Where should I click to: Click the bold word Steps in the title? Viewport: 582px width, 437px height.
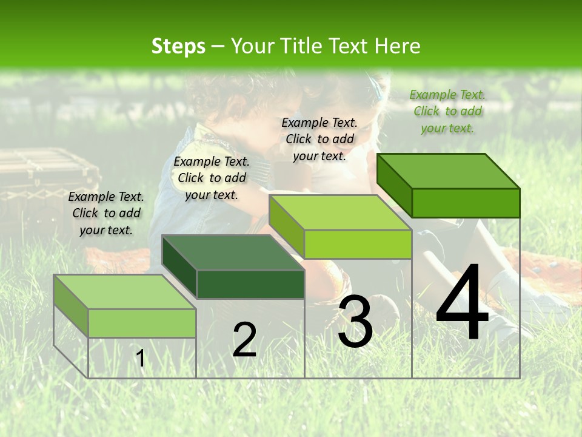pyautogui.click(x=178, y=46)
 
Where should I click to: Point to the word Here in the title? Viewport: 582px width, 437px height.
pyautogui.click(x=397, y=46)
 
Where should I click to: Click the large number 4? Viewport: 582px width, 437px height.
pyautogui.click(x=462, y=303)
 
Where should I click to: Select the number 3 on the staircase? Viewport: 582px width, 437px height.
pyautogui.click(x=355, y=321)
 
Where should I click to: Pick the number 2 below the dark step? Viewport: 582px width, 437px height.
pyautogui.click(x=244, y=340)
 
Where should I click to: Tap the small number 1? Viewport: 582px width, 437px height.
pyautogui.click(x=141, y=359)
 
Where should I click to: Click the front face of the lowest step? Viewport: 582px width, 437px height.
pyautogui.click(x=142, y=323)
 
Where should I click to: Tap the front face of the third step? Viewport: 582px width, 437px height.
pyautogui.click(x=358, y=244)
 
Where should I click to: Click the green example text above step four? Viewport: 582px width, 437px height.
pyautogui.click(x=447, y=111)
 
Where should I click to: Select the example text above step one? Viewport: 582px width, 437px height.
pyautogui.click(x=106, y=213)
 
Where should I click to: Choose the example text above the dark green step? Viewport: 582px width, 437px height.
pyautogui.click(x=212, y=178)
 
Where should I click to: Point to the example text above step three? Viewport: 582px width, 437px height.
pyautogui.click(x=319, y=139)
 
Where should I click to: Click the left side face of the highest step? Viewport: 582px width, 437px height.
pyautogui.click(x=394, y=185)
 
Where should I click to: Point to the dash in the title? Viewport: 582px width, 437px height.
pyautogui.click(x=218, y=47)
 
